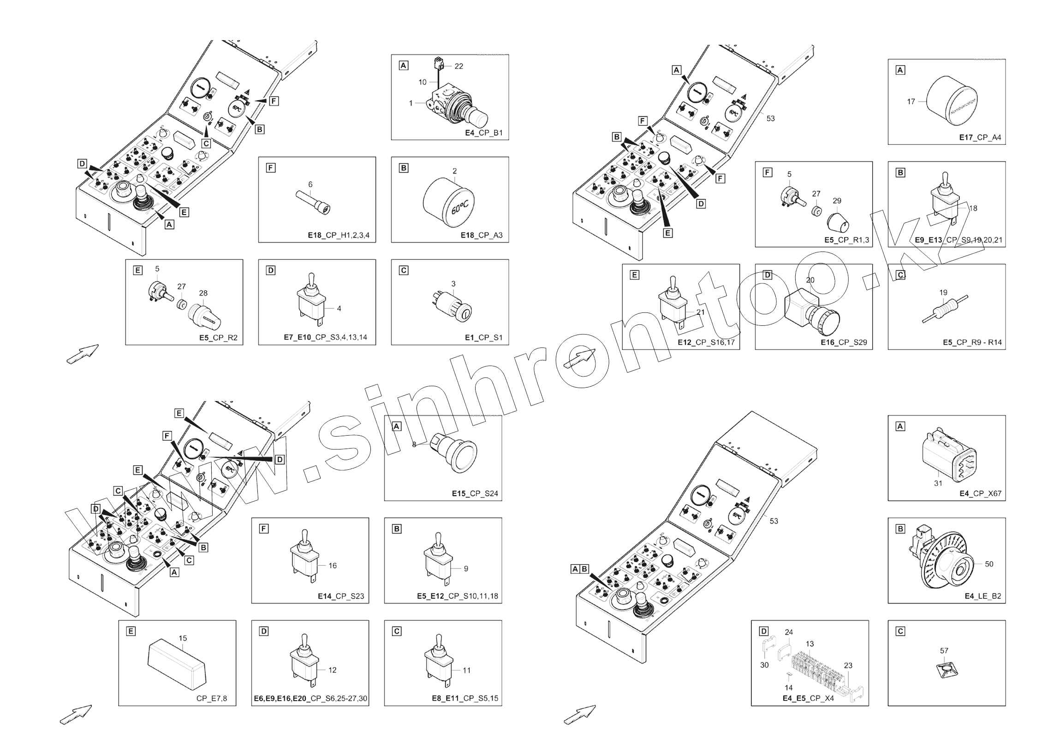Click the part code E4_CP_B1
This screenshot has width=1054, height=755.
point(484,133)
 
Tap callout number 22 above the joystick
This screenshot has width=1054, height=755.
point(459,66)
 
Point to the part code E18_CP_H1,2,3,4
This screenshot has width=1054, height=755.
point(338,235)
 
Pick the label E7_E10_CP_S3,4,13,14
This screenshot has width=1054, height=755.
point(325,337)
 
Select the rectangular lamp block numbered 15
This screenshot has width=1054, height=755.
point(178,664)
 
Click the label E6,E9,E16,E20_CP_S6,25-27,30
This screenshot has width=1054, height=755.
point(310,698)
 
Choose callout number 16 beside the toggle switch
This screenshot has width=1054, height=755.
point(333,566)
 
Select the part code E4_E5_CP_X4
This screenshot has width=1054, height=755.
point(808,698)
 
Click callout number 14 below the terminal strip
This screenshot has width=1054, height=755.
point(789,688)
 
